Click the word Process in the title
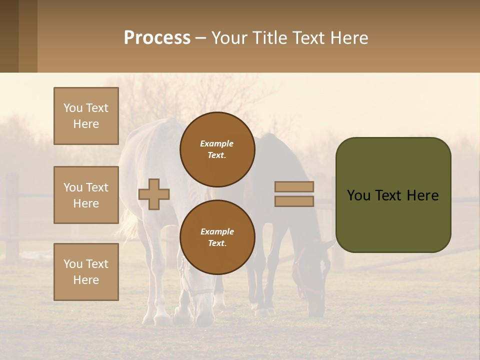tap(157, 38)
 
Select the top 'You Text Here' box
tap(86, 116)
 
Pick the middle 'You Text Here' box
tap(86, 195)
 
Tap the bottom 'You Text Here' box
tap(86, 272)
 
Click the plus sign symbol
tap(154, 194)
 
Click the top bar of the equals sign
tap(294, 186)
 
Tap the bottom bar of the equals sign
tap(294, 201)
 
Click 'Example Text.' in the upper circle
tap(217, 149)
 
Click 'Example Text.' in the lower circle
tap(217, 237)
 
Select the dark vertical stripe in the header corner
tap(9, 36)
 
